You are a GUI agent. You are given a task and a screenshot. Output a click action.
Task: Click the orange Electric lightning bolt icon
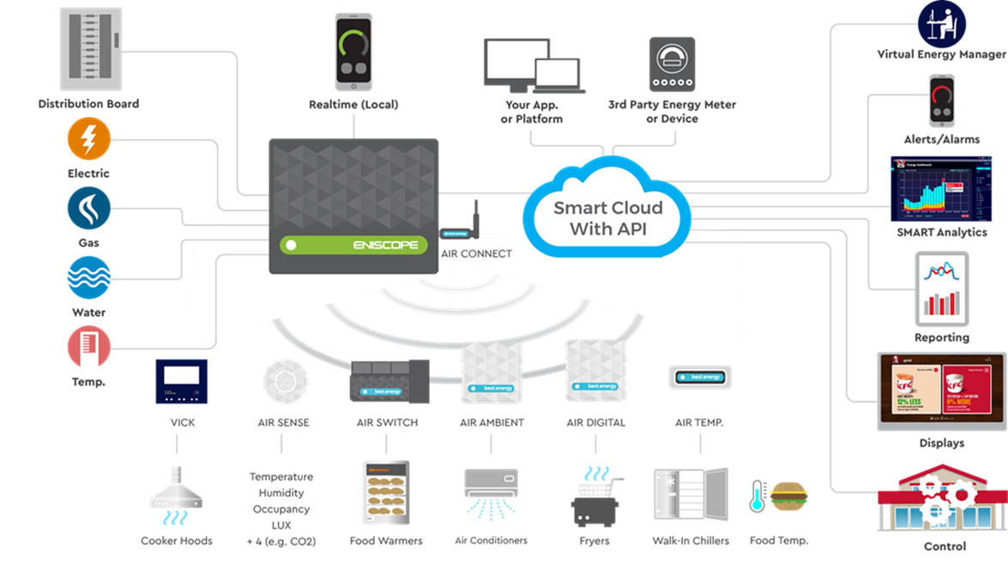coord(88,138)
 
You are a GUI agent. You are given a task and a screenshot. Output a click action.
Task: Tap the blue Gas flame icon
coord(88,209)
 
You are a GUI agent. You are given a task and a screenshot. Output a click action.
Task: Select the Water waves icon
coord(88,278)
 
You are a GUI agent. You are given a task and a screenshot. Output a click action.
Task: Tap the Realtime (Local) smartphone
coord(353,52)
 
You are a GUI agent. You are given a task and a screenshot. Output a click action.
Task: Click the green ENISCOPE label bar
coord(353,245)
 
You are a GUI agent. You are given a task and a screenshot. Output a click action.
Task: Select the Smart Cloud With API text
coord(607,218)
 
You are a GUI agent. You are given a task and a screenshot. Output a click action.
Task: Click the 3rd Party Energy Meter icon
coord(672,64)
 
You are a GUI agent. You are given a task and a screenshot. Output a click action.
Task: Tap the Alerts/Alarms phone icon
coord(941,102)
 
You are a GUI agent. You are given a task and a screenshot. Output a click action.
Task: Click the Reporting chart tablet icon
coord(941,288)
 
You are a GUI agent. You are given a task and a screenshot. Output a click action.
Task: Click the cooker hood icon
coord(176,497)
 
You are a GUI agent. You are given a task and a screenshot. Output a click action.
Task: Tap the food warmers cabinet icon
coord(385,493)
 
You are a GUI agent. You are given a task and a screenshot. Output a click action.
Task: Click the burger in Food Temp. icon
coord(788,496)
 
